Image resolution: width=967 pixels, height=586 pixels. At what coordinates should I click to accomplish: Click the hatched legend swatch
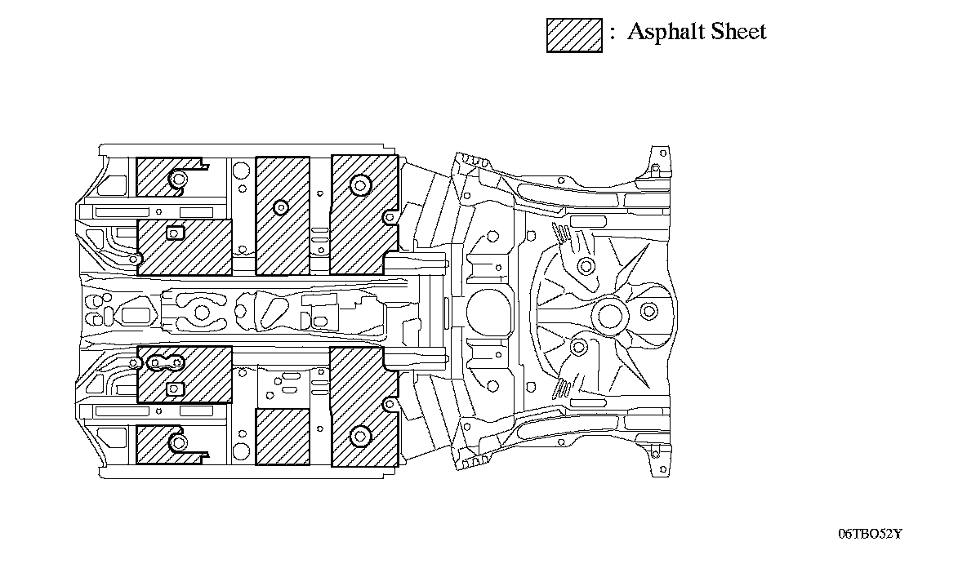pyautogui.click(x=574, y=35)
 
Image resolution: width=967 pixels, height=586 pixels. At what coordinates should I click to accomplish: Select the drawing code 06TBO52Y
pyautogui.click(x=870, y=534)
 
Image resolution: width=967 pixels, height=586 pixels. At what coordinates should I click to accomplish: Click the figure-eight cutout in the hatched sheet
pyautogui.click(x=170, y=362)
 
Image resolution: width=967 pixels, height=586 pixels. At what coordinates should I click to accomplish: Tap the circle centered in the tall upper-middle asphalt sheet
pyautogui.click(x=280, y=206)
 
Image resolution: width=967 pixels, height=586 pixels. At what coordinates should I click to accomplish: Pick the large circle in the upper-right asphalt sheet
pyautogui.click(x=359, y=184)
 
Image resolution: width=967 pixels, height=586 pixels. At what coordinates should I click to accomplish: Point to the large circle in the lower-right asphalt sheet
pyautogui.click(x=359, y=436)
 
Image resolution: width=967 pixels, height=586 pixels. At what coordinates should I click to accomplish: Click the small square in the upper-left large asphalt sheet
pyautogui.click(x=174, y=234)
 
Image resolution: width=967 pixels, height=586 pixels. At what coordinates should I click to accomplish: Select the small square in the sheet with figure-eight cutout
pyautogui.click(x=174, y=388)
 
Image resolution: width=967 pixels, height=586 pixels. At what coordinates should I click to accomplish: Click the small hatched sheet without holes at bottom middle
pyautogui.click(x=283, y=437)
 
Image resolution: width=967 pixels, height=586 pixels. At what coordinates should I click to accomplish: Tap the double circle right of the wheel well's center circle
pyautogui.click(x=649, y=311)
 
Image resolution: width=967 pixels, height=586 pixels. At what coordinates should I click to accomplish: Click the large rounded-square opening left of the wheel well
pyautogui.click(x=489, y=311)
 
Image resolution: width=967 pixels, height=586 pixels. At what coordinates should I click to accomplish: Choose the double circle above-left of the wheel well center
pyautogui.click(x=585, y=265)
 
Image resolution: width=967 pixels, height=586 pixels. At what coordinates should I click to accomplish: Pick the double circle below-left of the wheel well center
pyautogui.click(x=579, y=348)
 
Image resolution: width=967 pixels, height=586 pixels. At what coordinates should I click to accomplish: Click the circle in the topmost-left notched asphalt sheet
pyautogui.click(x=178, y=179)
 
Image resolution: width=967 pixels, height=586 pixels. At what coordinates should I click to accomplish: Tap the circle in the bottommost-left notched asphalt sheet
pyautogui.click(x=178, y=442)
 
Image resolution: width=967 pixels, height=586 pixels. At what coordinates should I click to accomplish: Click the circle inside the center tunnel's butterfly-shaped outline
pyautogui.click(x=201, y=311)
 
